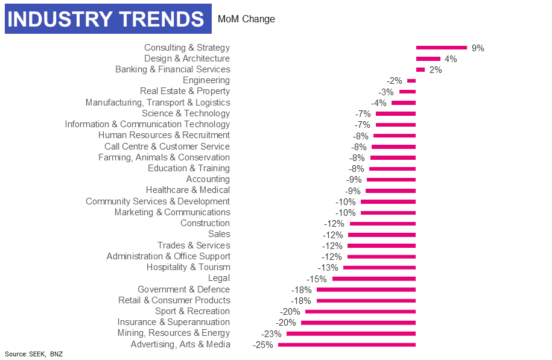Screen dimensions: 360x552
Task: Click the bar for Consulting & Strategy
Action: (x=441, y=48)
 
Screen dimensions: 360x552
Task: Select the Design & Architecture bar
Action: (x=428, y=58)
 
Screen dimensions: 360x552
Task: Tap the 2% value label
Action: (x=436, y=70)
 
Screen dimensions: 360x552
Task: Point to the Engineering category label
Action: (x=206, y=80)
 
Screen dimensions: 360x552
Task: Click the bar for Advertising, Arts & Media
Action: (x=347, y=344)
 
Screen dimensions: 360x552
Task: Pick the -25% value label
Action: (x=263, y=345)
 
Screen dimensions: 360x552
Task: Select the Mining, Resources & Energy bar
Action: (x=351, y=333)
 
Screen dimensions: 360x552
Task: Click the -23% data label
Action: (x=271, y=334)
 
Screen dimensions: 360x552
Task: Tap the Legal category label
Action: (x=218, y=278)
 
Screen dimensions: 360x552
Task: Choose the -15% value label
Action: (x=317, y=279)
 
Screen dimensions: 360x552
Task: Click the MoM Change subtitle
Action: (x=246, y=19)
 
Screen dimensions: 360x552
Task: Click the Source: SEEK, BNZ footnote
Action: (x=34, y=354)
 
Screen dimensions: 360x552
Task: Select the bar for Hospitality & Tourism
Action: (x=379, y=267)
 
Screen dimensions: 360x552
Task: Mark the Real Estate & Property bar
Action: (x=407, y=92)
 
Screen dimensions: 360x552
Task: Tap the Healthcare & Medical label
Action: (x=188, y=190)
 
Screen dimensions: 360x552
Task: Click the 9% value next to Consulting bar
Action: (x=478, y=48)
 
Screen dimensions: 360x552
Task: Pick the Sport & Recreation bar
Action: (x=360, y=311)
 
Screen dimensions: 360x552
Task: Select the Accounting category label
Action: (x=208, y=179)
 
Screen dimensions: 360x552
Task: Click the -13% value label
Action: (x=328, y=268)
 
